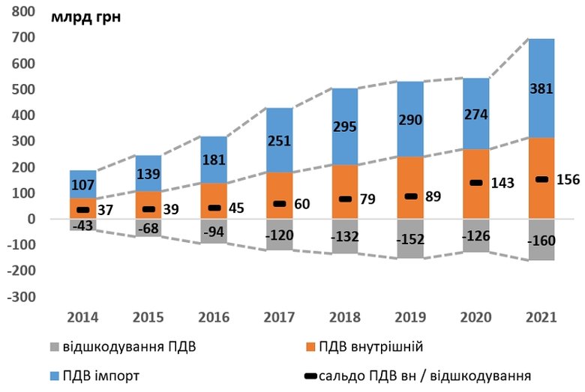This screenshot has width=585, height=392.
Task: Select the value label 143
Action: [x=502, y=184]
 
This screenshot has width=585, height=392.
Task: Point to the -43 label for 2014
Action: [x=84, y=225]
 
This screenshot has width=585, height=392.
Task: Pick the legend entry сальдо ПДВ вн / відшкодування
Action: [x=420, y=375]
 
